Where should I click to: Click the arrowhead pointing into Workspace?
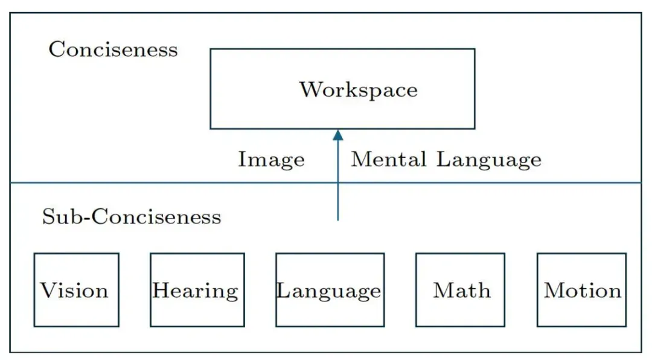tap(338, 135)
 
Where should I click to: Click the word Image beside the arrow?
tap(271, 160)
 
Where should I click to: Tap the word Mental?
tap(389, 159)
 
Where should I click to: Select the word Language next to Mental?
tap(488, 160)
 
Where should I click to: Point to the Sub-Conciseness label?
tap(132, 216)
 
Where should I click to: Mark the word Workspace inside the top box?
tap(359, 91)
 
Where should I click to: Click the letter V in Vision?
tap(49, 290)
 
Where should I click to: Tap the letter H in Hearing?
tap(162, 290)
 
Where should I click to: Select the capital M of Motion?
tap(555, 290)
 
